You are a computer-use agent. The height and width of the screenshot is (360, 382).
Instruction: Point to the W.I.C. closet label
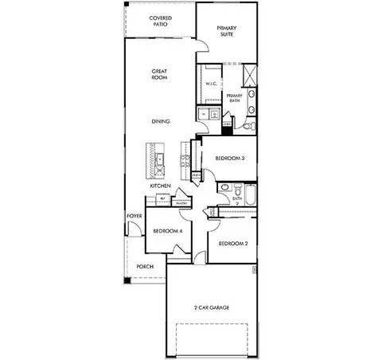tap(211, 84)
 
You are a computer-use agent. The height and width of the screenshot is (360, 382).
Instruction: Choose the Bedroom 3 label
tap(229, 158)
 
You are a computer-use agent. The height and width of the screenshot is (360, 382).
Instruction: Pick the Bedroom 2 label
tap(234, 243)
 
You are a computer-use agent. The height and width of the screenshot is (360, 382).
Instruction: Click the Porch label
tap(145, 266)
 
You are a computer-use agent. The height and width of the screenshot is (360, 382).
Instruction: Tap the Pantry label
tap(181, 203)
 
